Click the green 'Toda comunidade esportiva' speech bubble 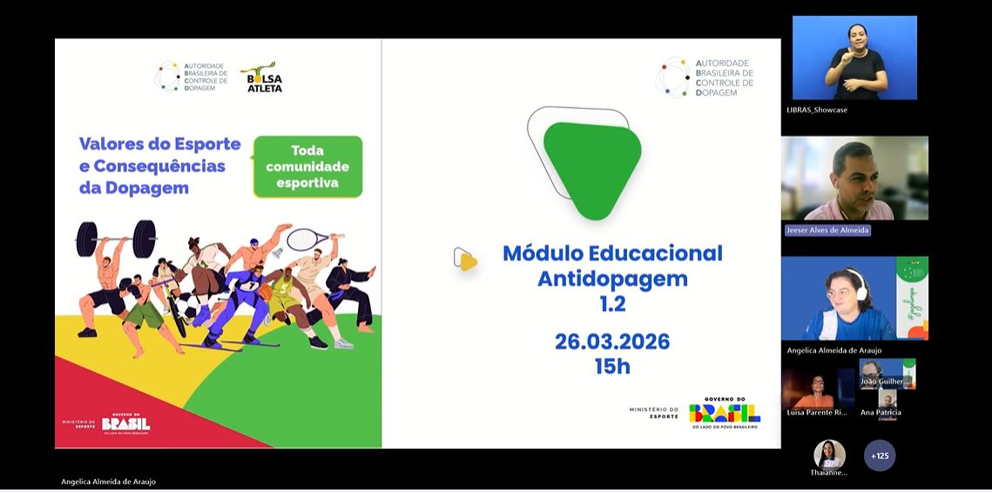(x=307, y=165)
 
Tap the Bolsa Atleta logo (x=262, y=78)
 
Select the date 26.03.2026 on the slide (x=611, y=341)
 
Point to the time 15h (x=611, y=367)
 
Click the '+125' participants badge (x=880, y=456)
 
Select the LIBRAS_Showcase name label (x=817, y=110)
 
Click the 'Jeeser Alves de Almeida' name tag (x=827, y=230)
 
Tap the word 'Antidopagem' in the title (x=611, y=279)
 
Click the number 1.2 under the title (x=611, y=304)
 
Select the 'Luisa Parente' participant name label (x=816, y=412)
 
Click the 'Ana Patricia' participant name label (x=881, y=412)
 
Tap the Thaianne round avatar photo (x=828, y=454)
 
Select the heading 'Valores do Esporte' (x=147, y=144)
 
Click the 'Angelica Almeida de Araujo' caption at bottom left (x=109, y=482)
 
